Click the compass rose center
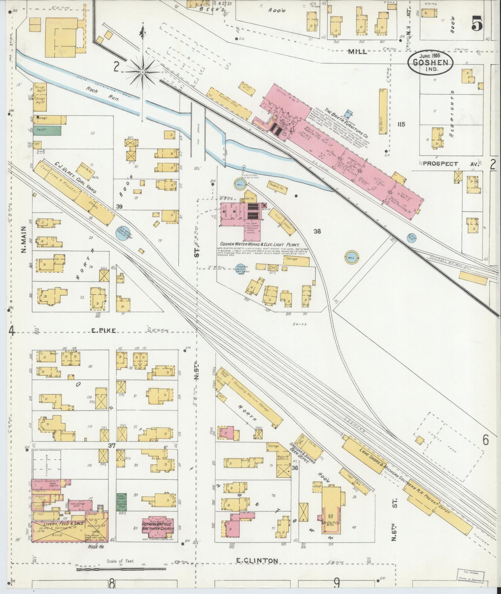pos(142,72)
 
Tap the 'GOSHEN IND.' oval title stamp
pos(430,63)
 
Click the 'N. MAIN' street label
pos(24,239)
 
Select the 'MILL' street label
pos(358,52)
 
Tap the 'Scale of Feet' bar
pos(121,568)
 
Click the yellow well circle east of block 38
pos(351,257)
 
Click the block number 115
pos(401,124)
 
